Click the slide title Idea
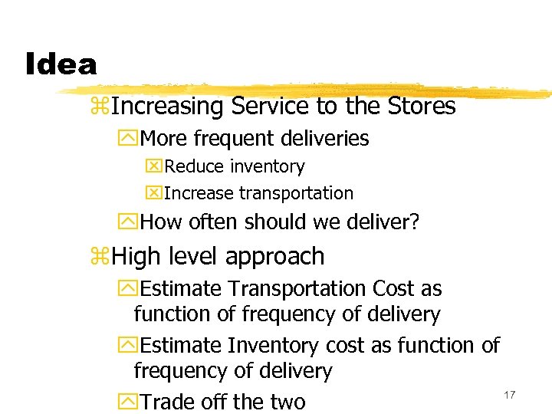tap(61, 64)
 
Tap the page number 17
tap(509, 394)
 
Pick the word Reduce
tap(192, 166)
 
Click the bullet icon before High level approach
tap(100, 257)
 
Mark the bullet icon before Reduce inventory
tap(153, 167)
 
